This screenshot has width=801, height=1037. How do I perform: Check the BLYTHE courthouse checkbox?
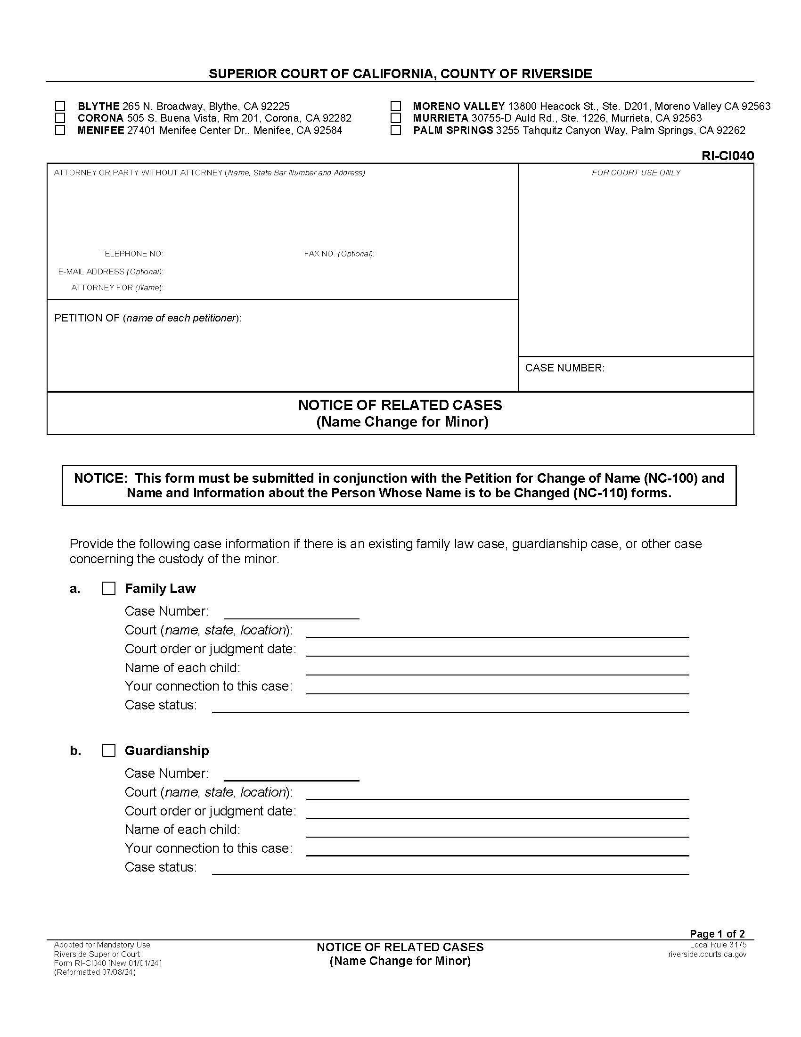coord(60,106)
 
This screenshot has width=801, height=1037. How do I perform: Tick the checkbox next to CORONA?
coord(60,118)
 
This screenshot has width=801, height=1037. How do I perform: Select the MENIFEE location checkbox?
coord(60,130)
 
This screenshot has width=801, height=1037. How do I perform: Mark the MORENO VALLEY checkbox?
coord(395,106)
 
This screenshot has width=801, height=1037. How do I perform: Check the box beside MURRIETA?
coord(395,118)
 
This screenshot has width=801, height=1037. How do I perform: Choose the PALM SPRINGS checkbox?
coord(395,130)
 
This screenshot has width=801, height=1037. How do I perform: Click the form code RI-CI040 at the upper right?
coord(727,156)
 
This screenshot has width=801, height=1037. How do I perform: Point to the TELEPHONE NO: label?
coord(131,254)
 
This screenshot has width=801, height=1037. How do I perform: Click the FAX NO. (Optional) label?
coord(339,254)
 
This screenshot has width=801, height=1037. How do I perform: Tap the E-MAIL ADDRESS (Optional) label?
coord(111,272)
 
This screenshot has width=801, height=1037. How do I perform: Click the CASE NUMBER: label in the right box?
coord(564,368)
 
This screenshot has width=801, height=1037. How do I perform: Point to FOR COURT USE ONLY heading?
coord(636,173)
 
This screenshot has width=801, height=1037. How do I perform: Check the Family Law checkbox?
coord(109,589)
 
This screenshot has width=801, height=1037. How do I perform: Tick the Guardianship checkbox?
coord(109,751)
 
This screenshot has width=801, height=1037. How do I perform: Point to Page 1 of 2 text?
coord(717,934)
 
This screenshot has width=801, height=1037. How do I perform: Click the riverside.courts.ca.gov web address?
coord(707,955)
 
